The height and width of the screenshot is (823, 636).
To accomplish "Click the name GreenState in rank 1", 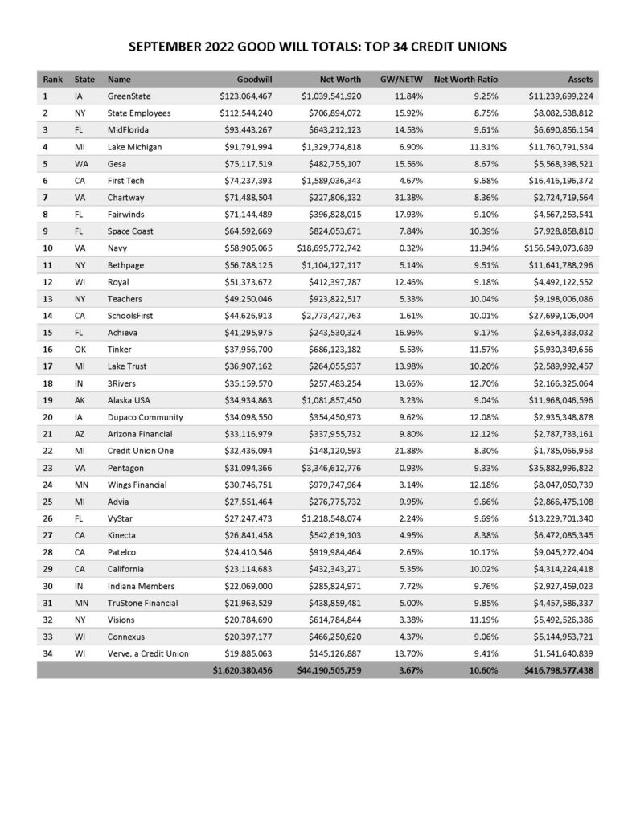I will click(x=129, y=96).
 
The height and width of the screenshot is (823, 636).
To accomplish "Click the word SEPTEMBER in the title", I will click(x=173, y=47).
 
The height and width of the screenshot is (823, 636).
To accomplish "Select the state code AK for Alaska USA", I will click(x=79, y=401).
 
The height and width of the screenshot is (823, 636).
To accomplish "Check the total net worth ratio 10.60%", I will click(x=482, y=669).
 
